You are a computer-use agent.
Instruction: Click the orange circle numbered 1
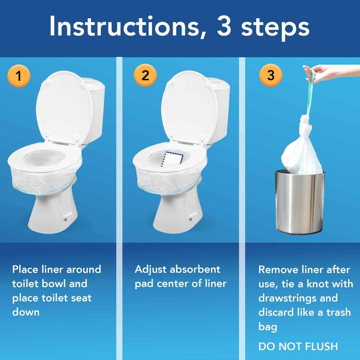click(18, 76)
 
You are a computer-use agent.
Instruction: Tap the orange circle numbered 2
click(145, 75)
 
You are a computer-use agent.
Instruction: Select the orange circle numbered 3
click(270, 75)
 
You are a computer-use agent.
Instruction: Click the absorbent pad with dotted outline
click(172, 159)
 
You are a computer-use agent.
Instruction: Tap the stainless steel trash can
click(300, 202)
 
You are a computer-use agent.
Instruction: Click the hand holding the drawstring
click(331, 73)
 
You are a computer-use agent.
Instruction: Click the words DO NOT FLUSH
click(298, 346)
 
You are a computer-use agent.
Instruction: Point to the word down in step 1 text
click(26, 312)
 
